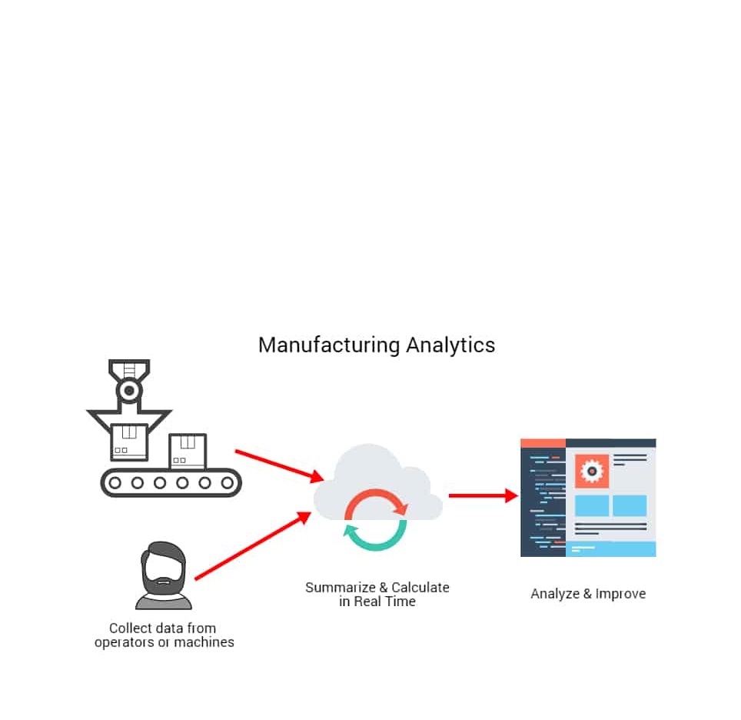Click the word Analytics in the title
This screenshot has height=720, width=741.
pyautogui.click(x=451, y=345)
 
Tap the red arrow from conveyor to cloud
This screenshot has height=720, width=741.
pyautogui.click(x=280, y=465)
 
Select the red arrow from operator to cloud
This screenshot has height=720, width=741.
pyautogui.click(x=254, y=545)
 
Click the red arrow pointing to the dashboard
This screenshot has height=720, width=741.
pyautogui.click(x=483, y=495)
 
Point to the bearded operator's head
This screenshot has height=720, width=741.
pyautogui.click(x=164, y=568)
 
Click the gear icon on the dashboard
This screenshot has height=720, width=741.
pyautogui.click(x=592, y=472)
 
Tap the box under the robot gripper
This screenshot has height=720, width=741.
pyautogui.click(x=129, y=442)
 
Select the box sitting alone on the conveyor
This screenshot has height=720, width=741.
pyautogui.click(x=188, y=452)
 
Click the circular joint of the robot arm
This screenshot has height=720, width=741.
pyautogui.click(x=129, y=391)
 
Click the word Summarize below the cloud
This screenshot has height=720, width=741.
pyautogui.click(x=341, y=588)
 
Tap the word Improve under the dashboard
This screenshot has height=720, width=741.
pyautogui.click(x=620, y=594)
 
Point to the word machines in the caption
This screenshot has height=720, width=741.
pyautogui.click(x=204, y=642)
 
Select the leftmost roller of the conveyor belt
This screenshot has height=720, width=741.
pyautogui.click(x=115, y=483)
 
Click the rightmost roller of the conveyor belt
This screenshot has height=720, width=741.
pyautogui.click(x=228, y=483)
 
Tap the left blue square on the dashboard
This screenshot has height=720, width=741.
pyautogui.click(x=592, y=505)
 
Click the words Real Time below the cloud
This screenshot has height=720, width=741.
pyautogui.click(x=384, y=602)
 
